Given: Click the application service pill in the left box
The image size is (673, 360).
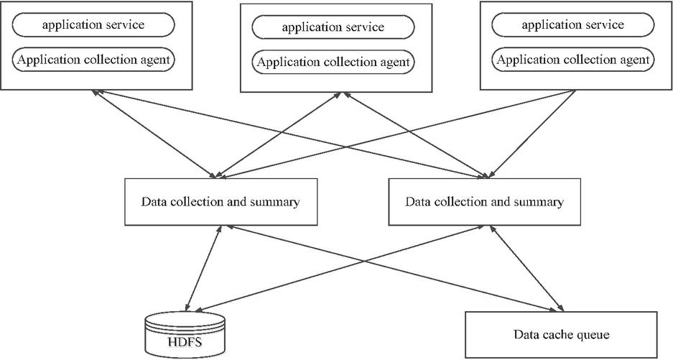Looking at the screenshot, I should [x=93, y=25].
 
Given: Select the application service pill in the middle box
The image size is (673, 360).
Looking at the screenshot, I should [x=333, y=28].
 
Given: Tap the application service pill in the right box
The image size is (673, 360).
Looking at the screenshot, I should [x=572, y=25].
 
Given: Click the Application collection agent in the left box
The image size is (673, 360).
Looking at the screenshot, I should [x=93, y=60].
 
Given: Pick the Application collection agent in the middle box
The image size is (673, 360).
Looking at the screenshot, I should [x=333, y=63].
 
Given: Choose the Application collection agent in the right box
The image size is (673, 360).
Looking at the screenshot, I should [x=572, y=60].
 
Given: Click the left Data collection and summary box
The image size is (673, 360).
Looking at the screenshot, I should [x=220, y=202].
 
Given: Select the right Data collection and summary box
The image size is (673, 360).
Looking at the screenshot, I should [x=484, y=202].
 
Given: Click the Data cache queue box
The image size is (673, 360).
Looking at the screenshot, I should [x=561, y=334].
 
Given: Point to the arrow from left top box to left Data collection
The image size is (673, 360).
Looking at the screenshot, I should [x=154, y=133].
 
